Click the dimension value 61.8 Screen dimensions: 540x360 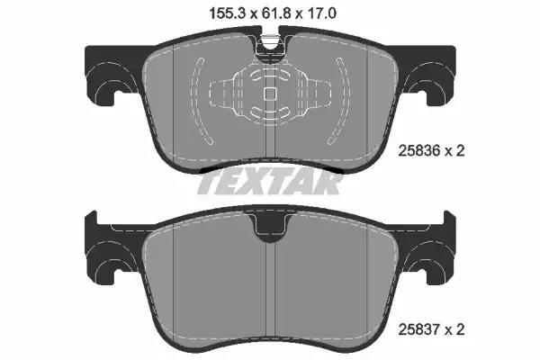276,14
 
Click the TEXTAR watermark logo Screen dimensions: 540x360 269,183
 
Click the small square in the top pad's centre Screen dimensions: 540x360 270,94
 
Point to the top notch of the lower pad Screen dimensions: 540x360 271,228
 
